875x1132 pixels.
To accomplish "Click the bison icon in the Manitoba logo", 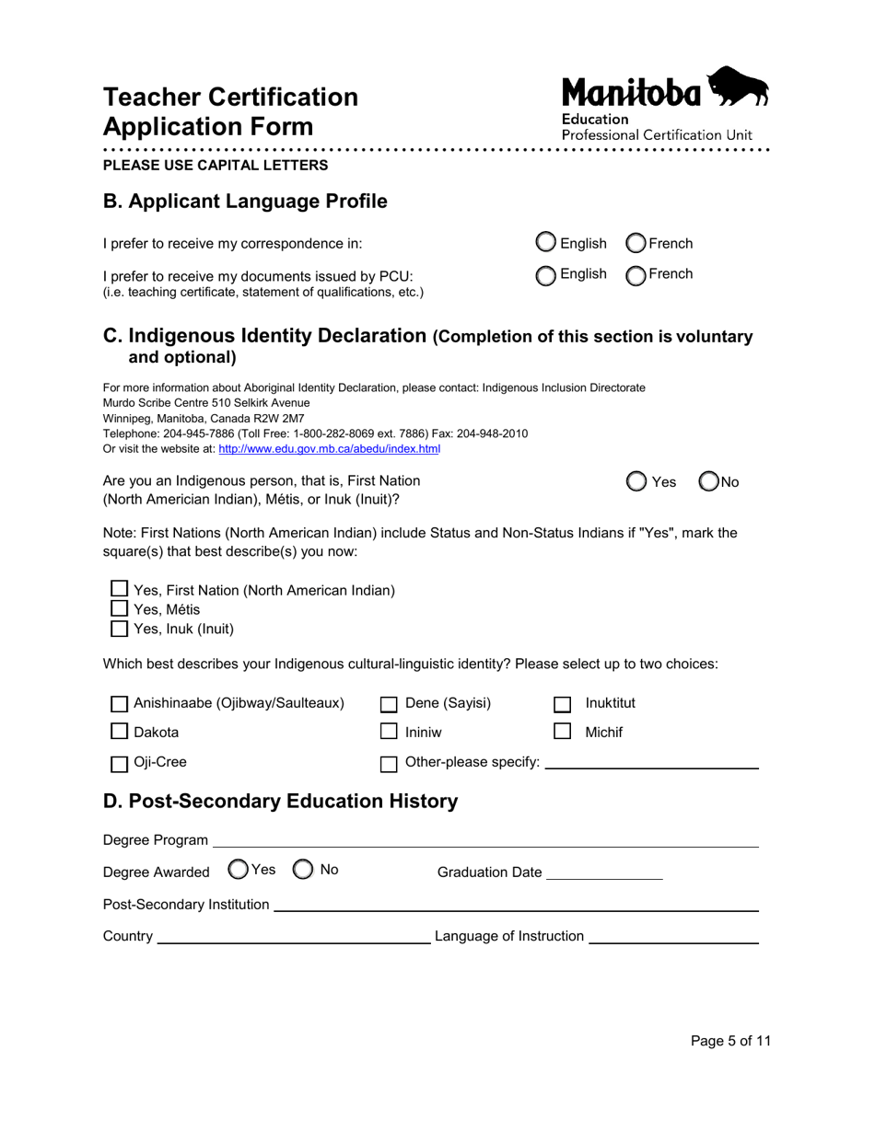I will click(739, 87).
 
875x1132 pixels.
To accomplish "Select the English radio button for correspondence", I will click(546, 243).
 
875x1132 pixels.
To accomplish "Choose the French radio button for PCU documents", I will click(636, 274).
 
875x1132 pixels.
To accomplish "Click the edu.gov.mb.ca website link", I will click(329, 449).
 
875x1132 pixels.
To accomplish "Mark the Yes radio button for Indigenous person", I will click(636, 481).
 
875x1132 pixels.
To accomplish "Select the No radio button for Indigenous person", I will click(709, 481).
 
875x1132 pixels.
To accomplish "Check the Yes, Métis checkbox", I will click(119, 608).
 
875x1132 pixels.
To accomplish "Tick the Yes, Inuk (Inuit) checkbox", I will click(119, 630).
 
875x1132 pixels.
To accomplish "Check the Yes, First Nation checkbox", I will click(119, 588).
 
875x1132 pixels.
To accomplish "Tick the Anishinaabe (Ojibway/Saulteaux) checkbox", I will click(119, 704).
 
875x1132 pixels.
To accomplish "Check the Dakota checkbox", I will click(119, 733).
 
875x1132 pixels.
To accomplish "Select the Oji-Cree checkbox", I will click(119, 763).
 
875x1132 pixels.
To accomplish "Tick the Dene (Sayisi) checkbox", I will click(389, 704).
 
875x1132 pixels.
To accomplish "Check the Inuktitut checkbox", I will click(562, 704).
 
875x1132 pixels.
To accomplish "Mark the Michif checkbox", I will click(562, 733).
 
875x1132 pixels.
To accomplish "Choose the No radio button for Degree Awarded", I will click(303, 869).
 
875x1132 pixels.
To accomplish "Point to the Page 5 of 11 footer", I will click(730, 1041).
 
